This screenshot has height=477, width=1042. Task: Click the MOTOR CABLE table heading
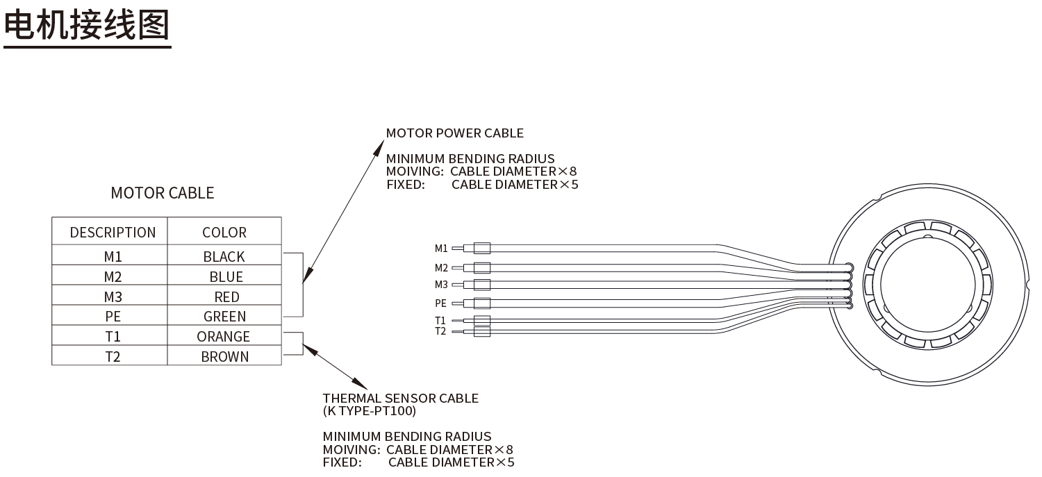pyautogui.click(x=163, y=193)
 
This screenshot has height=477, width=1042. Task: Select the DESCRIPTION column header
pyautogui.click(x=113, y=233)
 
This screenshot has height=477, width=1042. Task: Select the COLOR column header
pyautogui.click(x=224, y=233)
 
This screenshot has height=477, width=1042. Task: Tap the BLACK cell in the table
pyautogui.click(x=224, y=257)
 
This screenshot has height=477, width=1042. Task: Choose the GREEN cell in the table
pyautogui.click(x=225, y=317)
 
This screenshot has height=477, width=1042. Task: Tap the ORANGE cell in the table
pyautogui.click(x=224, y=337)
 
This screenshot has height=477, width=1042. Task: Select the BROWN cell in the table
pyautogui.click(x=225, y=357)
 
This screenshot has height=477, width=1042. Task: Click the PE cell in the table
pyautogui.click(x=113, y=317)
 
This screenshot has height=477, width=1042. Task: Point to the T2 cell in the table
pyautogui.click(x=113, y=357)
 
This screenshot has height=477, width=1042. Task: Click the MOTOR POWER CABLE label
pyautogui.click(x=455, y=133)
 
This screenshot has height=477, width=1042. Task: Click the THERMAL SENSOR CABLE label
pyautogui.click(x=401, y=399)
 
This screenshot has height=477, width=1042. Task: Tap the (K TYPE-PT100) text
pyautogui.click(x=370, y=411)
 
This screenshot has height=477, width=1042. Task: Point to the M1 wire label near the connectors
pyautogui.click(x=441, y=249)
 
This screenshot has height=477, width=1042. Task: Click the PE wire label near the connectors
pyautogui.click(x=441, y=303)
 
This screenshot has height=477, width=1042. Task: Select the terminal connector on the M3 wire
pyautogui.click(x=481, y=285)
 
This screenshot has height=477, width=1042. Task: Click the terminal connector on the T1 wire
pyautogui.click(x=481, y=321)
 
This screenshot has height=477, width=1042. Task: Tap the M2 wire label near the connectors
pyautogui.click(x=441, y=268)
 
